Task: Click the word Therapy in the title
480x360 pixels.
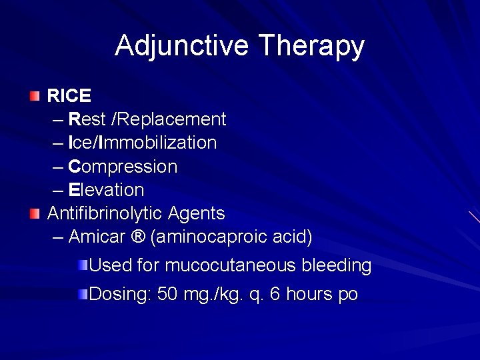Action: [x=311, y=46]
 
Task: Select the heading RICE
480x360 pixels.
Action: [x=69, y=96]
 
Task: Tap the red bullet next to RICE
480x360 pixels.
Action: [x=35, y=96]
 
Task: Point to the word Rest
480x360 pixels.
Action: [x=87, y=119]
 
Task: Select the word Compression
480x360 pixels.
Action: [x=123, y=167]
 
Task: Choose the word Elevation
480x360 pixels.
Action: [x=106, y=190]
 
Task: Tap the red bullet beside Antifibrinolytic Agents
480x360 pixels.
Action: [x=35, y=213]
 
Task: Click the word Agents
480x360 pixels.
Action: [x=197, y=214]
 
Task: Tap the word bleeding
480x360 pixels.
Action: [x=337, y=265]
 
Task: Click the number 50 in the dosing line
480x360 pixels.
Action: [x=167, y=294]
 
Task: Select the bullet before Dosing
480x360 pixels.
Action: [x=82, y=294]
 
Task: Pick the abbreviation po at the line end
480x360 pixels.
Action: [x=348, y=295]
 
